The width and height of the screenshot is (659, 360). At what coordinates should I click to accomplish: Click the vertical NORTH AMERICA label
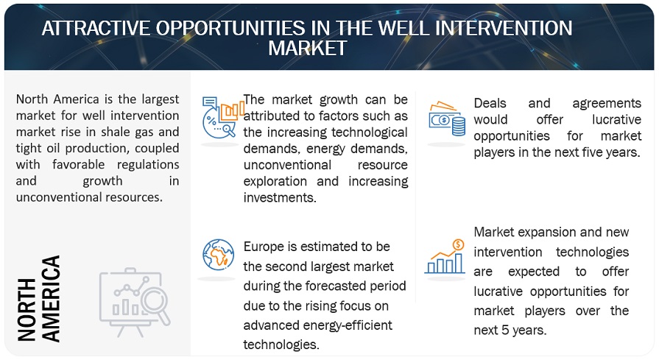(x=39, y=298)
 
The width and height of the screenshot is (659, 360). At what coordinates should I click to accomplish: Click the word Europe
(x=266, y=246)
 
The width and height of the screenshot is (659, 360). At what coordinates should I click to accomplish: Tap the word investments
(x=280, y=197)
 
